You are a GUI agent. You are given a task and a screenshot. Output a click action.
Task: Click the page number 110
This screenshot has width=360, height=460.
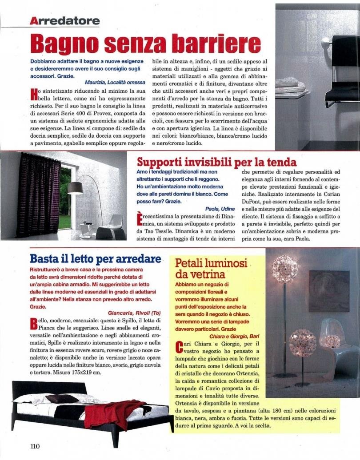coord(35,446)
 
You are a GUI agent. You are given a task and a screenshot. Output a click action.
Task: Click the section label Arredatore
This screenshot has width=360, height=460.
coord(65,20)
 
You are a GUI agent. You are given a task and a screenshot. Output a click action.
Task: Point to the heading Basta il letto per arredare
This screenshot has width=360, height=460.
coord(95,259)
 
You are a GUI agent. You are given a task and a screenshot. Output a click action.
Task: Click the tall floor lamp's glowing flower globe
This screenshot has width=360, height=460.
coord(285,269)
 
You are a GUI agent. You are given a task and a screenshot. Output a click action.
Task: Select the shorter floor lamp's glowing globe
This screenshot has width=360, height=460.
coord(302,343)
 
